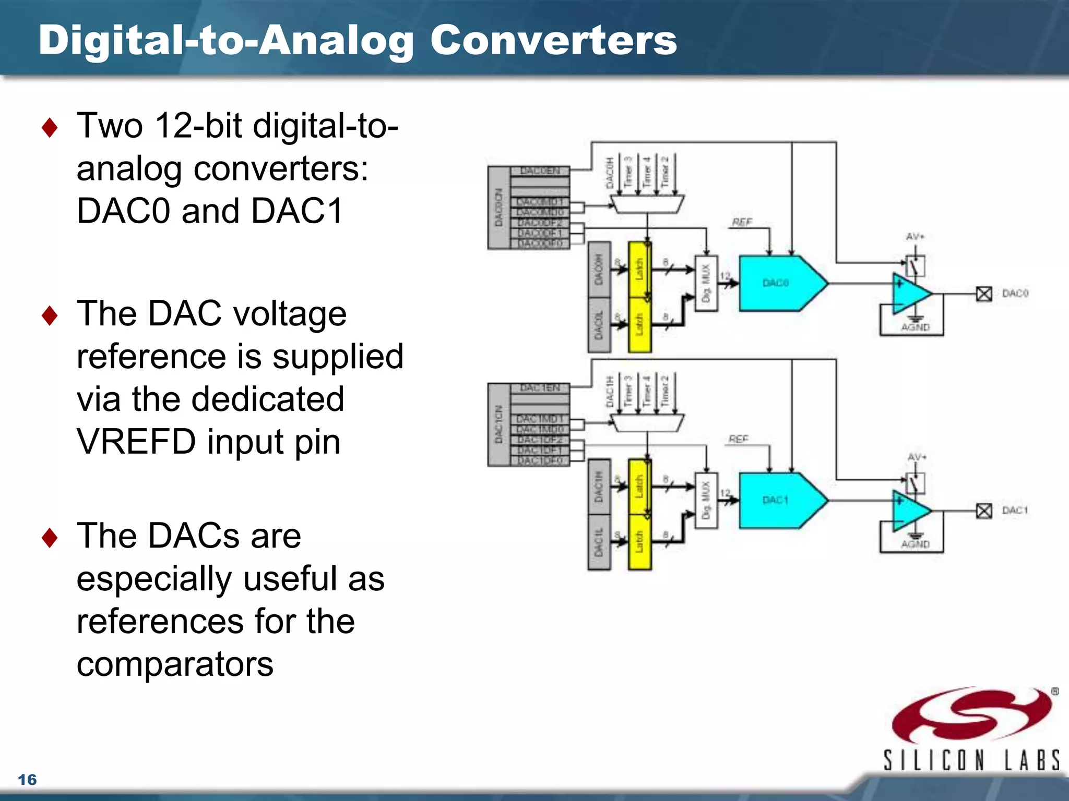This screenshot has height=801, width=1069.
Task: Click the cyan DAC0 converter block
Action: (778, 283)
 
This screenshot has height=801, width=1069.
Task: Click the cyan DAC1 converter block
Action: (778, 500)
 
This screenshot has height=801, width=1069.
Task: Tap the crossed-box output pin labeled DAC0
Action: (984, 294)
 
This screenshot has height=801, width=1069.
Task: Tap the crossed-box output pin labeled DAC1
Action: (984, 511)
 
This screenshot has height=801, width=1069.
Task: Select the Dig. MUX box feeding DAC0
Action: (706, 283)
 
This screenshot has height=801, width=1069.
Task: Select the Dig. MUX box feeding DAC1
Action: (706, 500)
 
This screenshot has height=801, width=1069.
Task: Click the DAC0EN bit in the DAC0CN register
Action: (540, 171)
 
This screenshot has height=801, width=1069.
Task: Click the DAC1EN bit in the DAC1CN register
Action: (540, 388)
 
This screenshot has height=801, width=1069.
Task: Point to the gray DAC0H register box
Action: (599, 270)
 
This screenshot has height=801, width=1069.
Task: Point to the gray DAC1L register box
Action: (599, 542)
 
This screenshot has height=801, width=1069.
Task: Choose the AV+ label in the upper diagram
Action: (915, 237)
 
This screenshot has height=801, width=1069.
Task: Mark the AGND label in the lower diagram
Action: (915, 544)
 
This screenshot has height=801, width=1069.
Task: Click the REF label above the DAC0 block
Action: (742, 223)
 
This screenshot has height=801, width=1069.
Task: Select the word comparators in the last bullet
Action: (175, 664)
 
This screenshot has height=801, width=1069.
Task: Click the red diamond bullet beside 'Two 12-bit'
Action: (50, 127)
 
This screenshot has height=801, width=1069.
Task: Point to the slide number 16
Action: (27, 780)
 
